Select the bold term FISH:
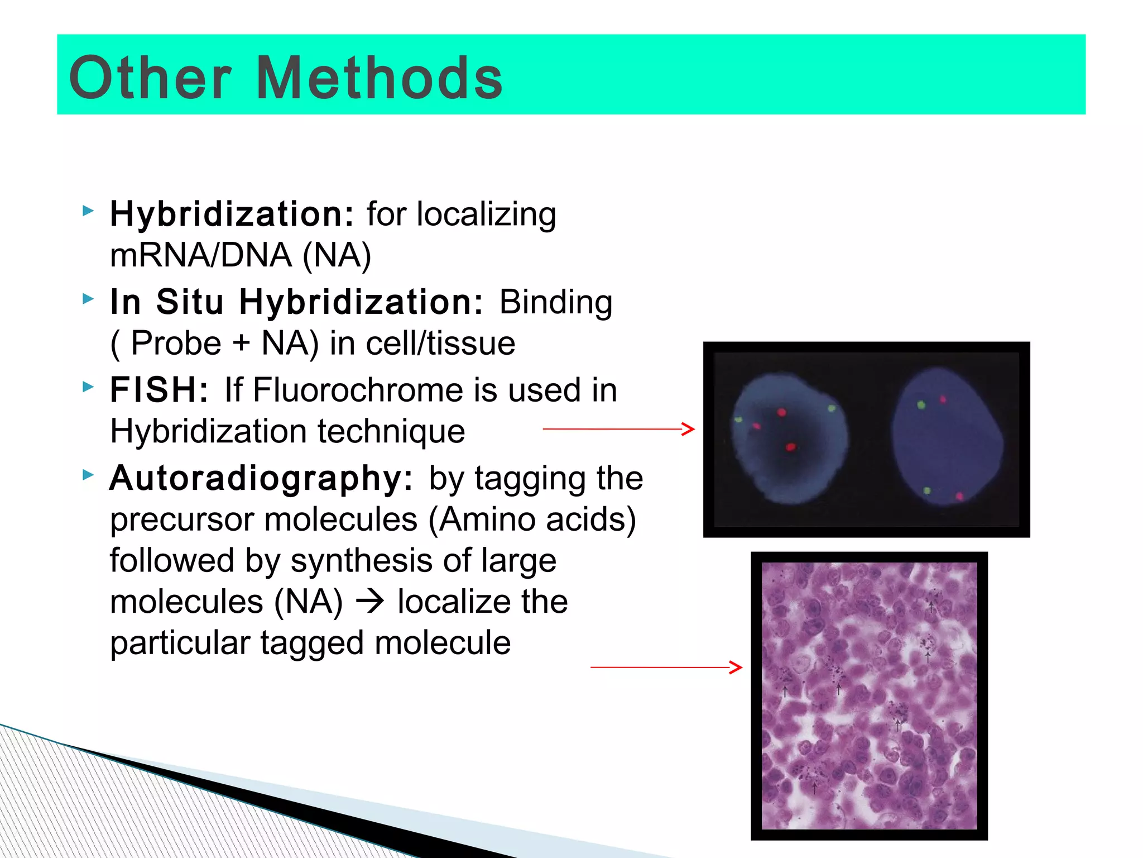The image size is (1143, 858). click(x=159, y=389)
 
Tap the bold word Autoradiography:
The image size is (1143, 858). click(x=261, y=478)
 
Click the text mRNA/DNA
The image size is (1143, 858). click(x=201, y=255)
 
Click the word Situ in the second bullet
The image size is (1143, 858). click(x=190, y=302)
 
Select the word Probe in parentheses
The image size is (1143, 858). click(x=176, y=343)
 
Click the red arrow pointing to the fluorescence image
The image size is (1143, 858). click(x=618, y=429)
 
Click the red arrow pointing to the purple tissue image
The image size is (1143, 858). click(x=666, y=667)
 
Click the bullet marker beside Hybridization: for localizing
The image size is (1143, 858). click(x=88, y=211)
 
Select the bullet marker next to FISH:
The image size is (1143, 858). click(x=88, y=387)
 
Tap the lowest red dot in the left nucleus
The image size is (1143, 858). click(x=791, y=447)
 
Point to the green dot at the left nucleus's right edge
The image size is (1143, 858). click(x=831, y=409)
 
